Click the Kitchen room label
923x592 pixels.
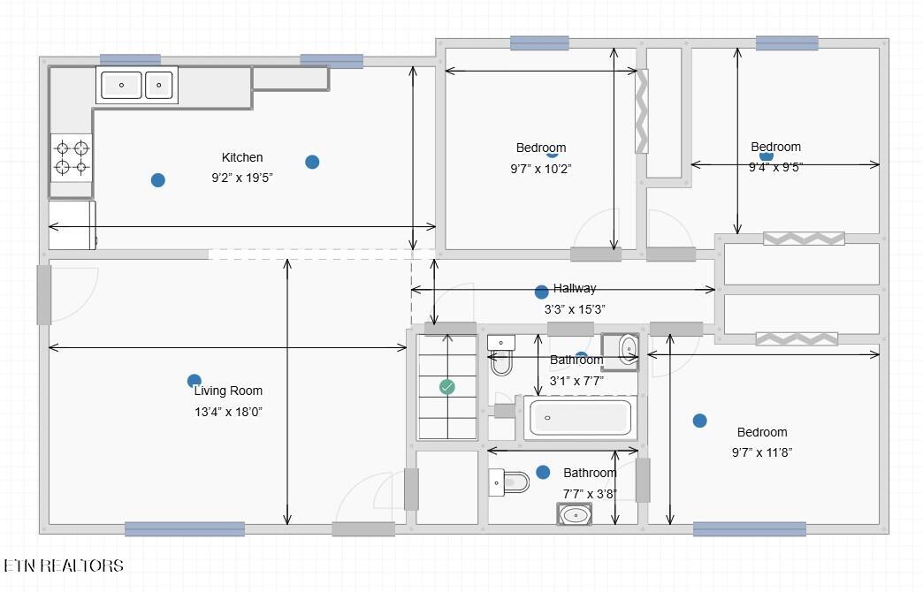pos(242,157)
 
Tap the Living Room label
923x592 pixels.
pos(228,391)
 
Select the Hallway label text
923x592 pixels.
pos(575,288)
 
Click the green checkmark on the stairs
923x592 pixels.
pos(447,387)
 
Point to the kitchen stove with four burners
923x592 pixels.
pos(72,157)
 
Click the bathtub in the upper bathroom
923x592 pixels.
pos(580,417)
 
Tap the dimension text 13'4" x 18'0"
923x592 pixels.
pos(228,412)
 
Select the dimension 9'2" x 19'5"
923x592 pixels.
pos(242,178)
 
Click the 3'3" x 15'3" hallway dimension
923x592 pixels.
pos(575,309)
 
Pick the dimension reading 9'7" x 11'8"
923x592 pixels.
pos(762,452)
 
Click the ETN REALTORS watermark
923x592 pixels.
pos(64,566)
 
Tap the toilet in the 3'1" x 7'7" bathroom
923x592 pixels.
pos(501,355)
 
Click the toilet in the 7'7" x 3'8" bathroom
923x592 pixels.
pos(508,482)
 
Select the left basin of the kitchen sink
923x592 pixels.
pos(121,85)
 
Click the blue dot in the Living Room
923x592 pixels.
pos(195,381)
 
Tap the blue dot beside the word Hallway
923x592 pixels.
pos(542,292)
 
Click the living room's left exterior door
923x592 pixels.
pos(44,295)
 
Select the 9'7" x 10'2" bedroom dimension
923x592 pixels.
pos(541,169)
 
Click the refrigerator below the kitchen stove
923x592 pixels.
pos(72,225)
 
